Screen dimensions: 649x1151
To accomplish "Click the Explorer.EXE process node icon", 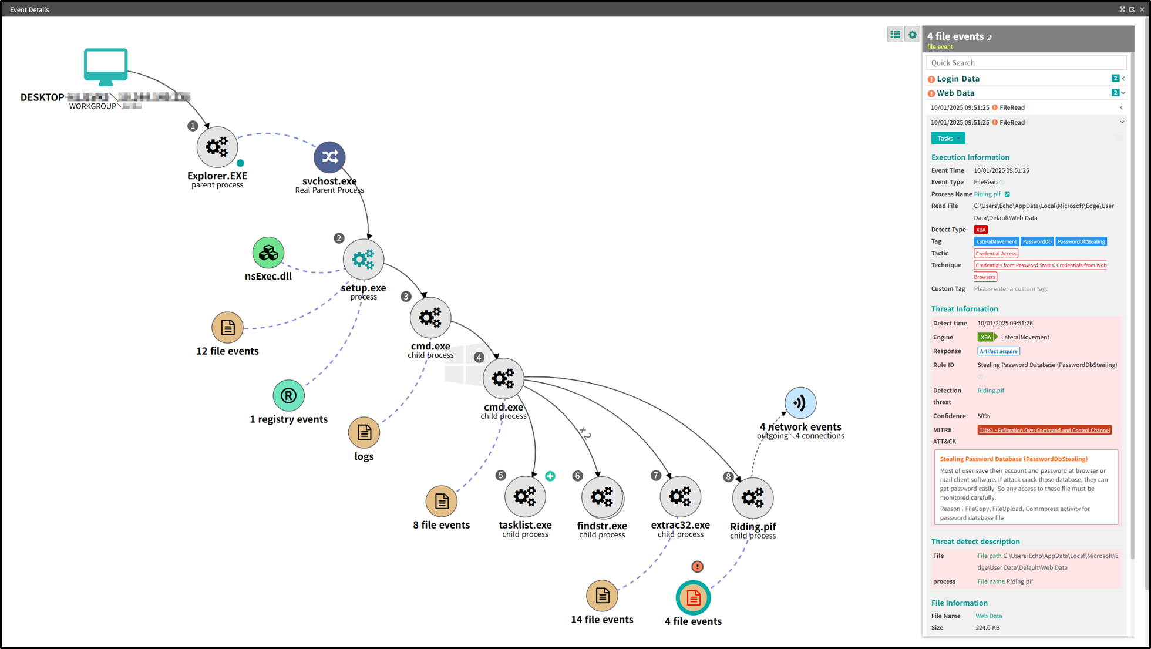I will [x=217, y=147].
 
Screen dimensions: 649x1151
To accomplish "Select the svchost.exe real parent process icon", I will [x=329, y=157].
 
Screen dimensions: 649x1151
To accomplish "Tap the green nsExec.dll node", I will [x=268, y=253].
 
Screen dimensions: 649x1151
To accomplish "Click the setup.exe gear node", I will [x=364, y=259].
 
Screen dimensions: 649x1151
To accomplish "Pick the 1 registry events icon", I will [x=288, y=395].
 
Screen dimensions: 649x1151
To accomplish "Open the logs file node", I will [x=364, y=433].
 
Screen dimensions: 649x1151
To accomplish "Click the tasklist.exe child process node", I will [x=525, y=497].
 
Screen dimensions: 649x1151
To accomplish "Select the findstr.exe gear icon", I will [x=602, y=497].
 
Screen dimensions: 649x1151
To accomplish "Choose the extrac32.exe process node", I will [x=680, y=497].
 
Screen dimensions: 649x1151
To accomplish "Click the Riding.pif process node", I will [x=752, y=498].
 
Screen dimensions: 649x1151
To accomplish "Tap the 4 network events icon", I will [x=800, y=403].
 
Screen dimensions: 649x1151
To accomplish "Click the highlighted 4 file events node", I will [x=693, y=598].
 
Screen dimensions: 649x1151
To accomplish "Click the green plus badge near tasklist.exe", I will [x=550, y=476].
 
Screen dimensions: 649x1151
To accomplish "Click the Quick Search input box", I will [x=1025, y=63].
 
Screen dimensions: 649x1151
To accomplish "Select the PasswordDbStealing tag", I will [x=1081, y=241].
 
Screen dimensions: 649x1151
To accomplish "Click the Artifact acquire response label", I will [x=998, y=351].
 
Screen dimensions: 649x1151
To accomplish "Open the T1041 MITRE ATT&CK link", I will [x=1044, y=430].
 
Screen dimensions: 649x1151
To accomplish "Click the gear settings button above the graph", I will [x=912, y=35].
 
